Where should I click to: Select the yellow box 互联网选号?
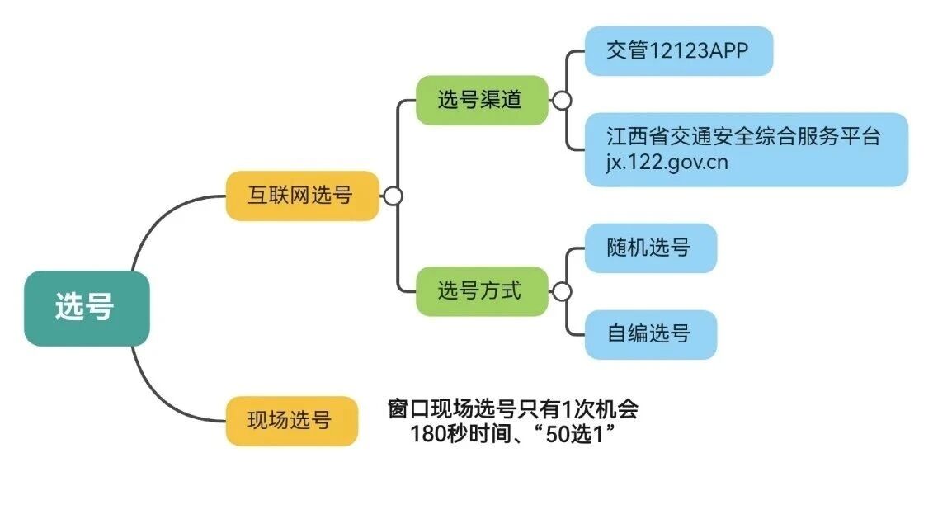(x=302, y=196)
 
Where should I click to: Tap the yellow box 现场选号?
(x=291, y=421)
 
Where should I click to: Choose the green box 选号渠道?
(x=481, y=100)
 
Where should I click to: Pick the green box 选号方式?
(x=481, y=290)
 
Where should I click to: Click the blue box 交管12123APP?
(x=678, y=50)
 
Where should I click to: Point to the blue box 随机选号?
(x=650, y=248)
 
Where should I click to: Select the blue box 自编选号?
(x=650, y=334)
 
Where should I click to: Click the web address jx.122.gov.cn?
(x=667, y=162)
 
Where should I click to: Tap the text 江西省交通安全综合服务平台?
(x=743, y=136)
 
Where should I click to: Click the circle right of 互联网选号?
(x=394, y=196)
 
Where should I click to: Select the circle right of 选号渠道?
(x=562, y=101)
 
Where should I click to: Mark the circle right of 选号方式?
(x=562, y=292)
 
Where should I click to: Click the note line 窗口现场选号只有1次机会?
(x=512, y=409)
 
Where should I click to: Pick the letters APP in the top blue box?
(x=729, y=50)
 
